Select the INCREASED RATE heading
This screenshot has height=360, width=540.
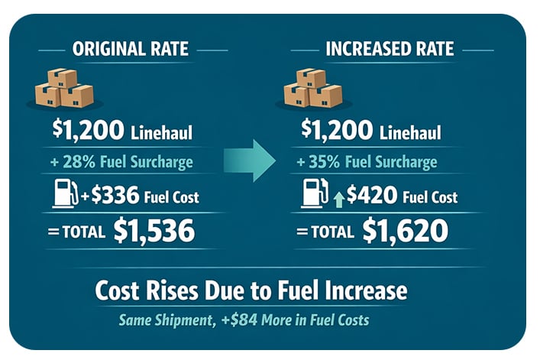[x=390, y=50]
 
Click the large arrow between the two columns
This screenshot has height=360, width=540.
[x=250, y=161]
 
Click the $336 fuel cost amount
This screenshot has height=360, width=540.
[x=115, y=196]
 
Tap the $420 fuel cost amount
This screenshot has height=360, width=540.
[x=371, y=196]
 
